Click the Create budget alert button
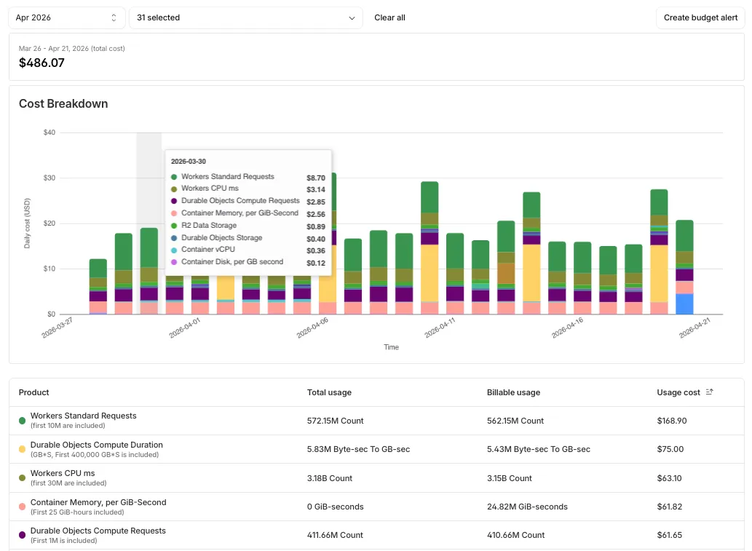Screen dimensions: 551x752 pos(700,17)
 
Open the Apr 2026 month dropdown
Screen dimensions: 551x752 pos(66,17)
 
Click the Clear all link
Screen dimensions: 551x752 pos(389,17)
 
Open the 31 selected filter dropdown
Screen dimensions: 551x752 pos(245,17)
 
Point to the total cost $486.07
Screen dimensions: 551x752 pos(41,63)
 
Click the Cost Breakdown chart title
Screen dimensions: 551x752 pos(63,104)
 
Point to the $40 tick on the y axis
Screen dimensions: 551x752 pos(50,132)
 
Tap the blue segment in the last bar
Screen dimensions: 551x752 pos(684,304)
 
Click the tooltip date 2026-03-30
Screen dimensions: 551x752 pos(189,161)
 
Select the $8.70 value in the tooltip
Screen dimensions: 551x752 pos(316,177)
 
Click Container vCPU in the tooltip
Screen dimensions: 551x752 pos(208,250)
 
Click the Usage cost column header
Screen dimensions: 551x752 pos(678,392)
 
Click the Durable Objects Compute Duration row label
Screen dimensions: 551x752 pos(97,445)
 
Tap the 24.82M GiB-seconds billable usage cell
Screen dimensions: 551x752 pos(527,507)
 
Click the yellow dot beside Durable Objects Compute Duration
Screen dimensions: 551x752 pos(23,450)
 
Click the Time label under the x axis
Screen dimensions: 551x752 pos(391,347)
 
